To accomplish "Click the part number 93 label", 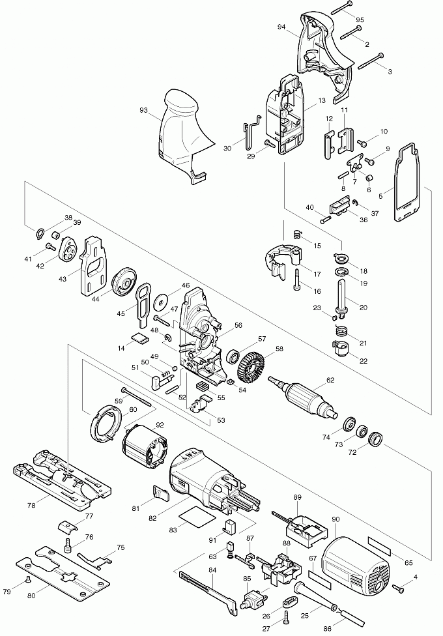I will pyautogui.click(x=143, y=111).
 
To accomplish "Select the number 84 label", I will pyautogui.click(x=212, y=571).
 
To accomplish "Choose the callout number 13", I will pyautogui.click(x=322, y=101).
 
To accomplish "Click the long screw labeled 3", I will pyautogui.click(x=372, y=62).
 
